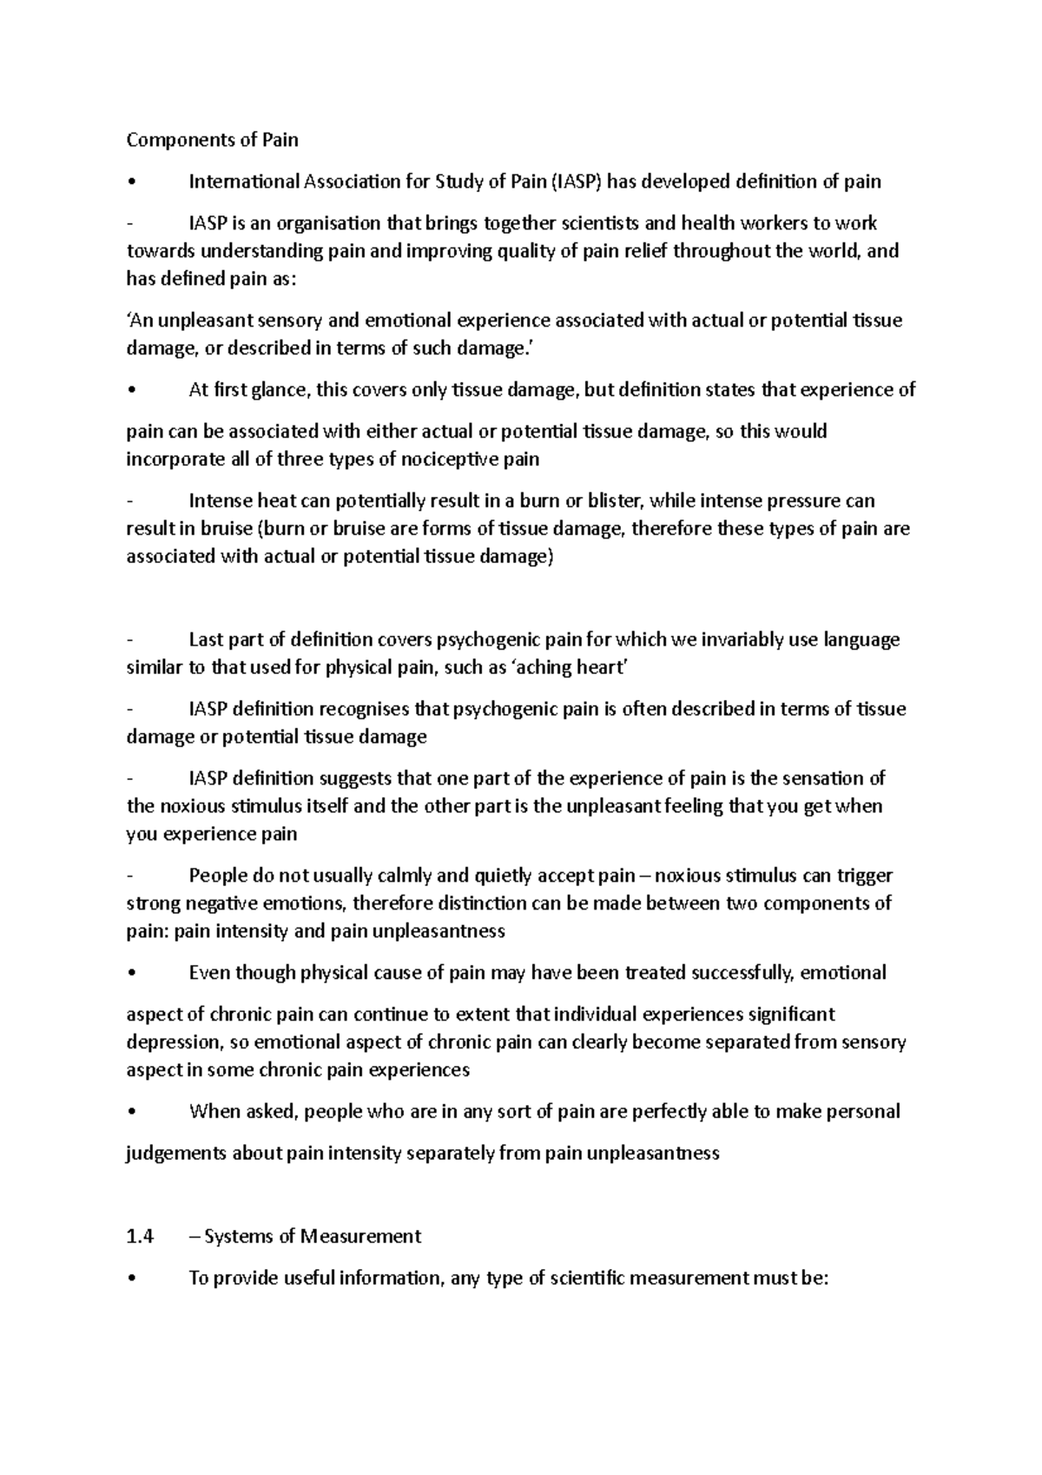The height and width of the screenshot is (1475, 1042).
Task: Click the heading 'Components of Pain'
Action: coord(212,140)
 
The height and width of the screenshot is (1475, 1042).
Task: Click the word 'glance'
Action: coord(279,390)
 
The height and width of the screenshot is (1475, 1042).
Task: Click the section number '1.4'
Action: coord(140,1237)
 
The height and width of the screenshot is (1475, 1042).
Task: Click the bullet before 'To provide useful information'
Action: coord(130,1279)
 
